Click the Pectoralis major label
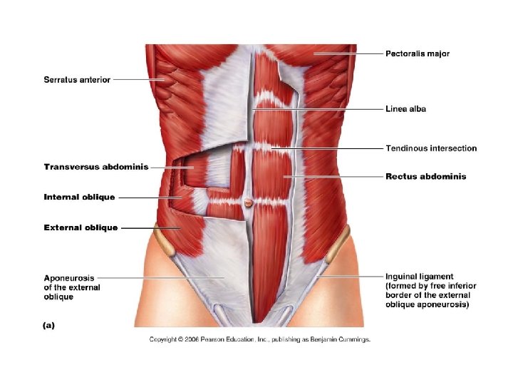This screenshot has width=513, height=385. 418,53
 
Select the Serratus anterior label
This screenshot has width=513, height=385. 77,80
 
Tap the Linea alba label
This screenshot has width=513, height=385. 406,109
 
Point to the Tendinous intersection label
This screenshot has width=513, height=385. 431,148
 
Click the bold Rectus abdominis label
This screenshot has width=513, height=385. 426,176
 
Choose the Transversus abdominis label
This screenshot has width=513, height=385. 96,167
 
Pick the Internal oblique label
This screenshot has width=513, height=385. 79,197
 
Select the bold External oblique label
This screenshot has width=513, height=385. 81,228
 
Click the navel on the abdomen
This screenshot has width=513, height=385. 248,203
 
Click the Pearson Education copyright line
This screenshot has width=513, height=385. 259,339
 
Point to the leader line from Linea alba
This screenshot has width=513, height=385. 321,109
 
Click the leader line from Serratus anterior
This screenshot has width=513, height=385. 139,80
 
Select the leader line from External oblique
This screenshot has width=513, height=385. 146,228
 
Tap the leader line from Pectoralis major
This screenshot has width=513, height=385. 349,53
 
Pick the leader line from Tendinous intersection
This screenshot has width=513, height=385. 328,148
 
